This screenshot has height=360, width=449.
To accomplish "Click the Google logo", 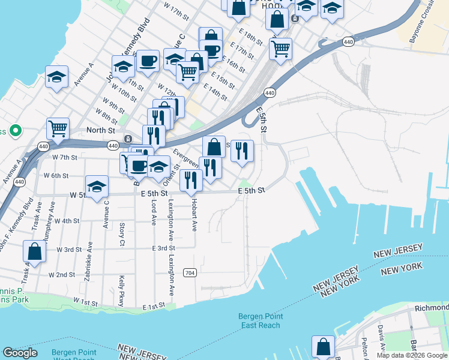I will pyautogui.click(x=20, y=353).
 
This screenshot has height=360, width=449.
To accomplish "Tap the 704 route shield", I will pyautogui.click(x=190, y=272).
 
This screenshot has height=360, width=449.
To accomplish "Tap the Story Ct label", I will pyautogui.click(x=122, y=235).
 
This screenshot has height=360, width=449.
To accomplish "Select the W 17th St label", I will pyautogui.click(x=176, y=11).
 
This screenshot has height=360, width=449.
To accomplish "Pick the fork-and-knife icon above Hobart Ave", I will pyautogui.click(x=191, y=179).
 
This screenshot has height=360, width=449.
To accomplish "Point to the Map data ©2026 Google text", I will pyautogui.click(x=412, y=355).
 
